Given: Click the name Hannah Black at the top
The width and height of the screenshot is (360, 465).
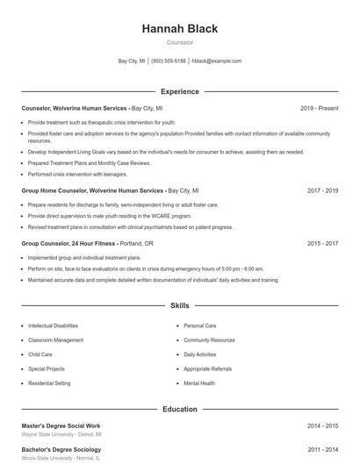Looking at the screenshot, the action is pyautogui.click(x=179, y=28).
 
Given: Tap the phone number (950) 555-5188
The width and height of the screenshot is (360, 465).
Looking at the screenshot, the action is pyautogui.click(x=169, y=61).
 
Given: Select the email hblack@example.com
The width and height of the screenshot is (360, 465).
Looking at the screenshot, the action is pyautogui.click(x=216, y=61).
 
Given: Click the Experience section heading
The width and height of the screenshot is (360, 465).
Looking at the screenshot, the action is pyautogui.click(x=179, y=91).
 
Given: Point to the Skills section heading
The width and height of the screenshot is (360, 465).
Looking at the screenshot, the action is pyautogui.click(x=179, y=306).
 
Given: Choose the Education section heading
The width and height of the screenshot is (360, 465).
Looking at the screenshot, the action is pyautogui.click(x=179, y=409).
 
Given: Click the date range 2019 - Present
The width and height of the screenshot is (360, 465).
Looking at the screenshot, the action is pyautogui.click(x=319, y=108).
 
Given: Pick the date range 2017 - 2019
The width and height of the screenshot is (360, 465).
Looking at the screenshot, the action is pyautogui.click(x=322, y=190).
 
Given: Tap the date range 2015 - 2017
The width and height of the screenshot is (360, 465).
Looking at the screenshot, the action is pyautogui.click(x=322, y=243).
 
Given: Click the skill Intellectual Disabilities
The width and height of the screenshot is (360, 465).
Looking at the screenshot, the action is pyautogui.click(x=53, y=325).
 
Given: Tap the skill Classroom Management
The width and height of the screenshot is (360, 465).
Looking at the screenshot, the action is pyautogui.click(x=55, y=340).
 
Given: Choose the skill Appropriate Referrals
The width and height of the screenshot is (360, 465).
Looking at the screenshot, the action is pyautogui.click(x=207, y=369).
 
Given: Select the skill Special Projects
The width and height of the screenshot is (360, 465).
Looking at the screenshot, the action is pyautogui.click(x=46, y=369).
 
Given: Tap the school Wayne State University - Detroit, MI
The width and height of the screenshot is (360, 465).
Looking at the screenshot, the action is pyautogui.click(x=61, y=434).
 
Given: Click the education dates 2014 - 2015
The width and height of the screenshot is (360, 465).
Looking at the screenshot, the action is pyautogui.click(x=322, y=426).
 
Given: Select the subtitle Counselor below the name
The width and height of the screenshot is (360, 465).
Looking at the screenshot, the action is pyautogui.click(x=179, y=42).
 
